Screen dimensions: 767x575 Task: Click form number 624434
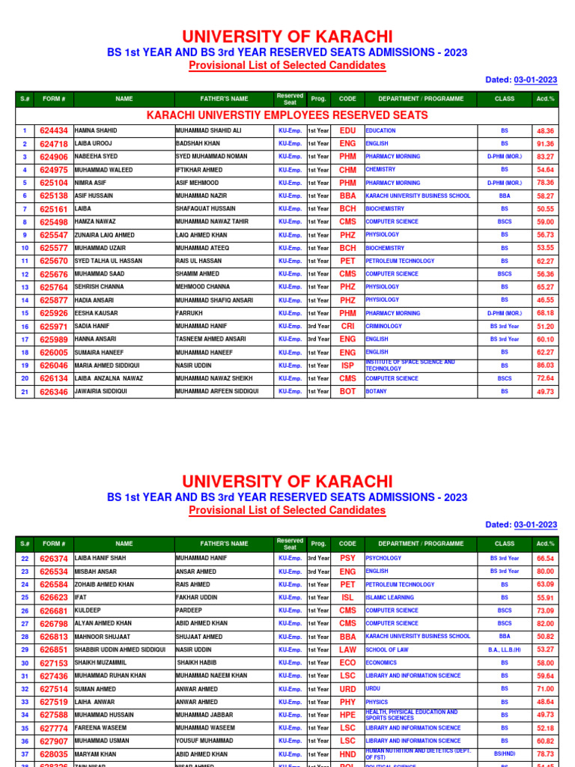pos(53,130)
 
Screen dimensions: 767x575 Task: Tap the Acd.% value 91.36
pos(545,144)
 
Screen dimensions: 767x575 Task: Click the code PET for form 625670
pos(347,261)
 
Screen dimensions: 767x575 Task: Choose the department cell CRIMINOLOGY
pos(384,327)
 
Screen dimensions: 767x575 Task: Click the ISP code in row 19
pos(347,366)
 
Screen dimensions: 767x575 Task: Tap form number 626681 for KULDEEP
pos(53,610)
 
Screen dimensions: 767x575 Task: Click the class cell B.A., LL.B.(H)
pos(504,649)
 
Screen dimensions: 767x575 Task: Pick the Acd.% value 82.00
pos(545,624)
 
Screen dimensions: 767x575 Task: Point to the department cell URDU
pos(373,688)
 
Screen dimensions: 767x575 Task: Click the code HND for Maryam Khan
pos(347,754)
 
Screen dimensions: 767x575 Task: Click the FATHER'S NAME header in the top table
pos(224,99)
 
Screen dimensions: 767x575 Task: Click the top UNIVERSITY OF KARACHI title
pos(287,37)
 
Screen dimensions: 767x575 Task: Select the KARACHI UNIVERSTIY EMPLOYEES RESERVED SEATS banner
pos(287,115)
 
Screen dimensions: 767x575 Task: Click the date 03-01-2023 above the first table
pos(535,80)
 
